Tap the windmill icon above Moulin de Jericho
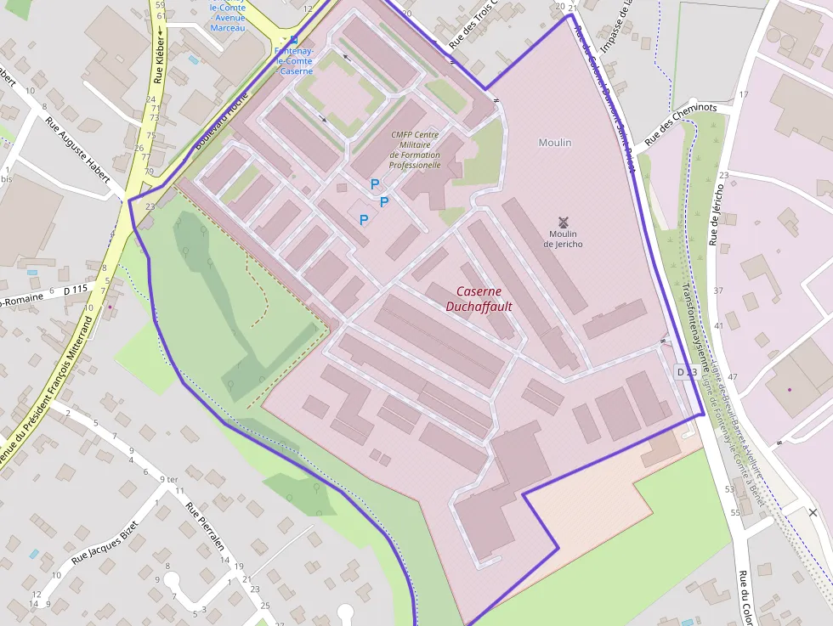(563, 221)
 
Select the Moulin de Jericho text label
(563, 239)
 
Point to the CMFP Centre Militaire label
(415, 149)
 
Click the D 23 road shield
(686, 372)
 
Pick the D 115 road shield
(76, 290)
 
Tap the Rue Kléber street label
(159, 59)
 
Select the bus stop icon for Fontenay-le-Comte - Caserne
(294, 40)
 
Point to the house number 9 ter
(168, 480)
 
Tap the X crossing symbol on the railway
(813, 512)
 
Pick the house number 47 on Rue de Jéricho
(733, 376)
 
